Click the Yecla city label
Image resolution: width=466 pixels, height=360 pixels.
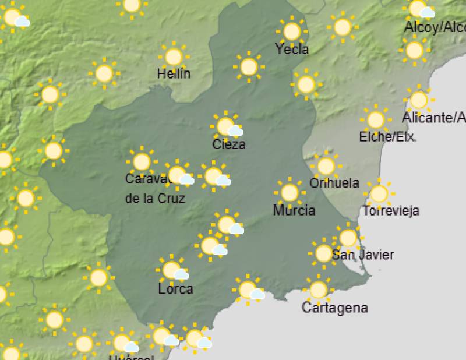[292, 50]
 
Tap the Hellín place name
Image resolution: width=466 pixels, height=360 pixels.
[174, 74]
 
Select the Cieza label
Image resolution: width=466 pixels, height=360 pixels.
[229, 144]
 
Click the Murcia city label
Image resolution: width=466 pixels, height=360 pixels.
[294, 210]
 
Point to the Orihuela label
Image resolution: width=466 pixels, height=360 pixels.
[334, 183]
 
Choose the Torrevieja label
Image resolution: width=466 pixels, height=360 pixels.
[391, 211]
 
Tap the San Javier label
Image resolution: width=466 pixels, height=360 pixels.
[363, 255]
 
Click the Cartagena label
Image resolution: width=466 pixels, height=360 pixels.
[335, 308]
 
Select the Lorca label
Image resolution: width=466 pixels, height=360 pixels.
[176, 288]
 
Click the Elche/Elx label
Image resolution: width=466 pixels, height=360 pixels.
[387, 137]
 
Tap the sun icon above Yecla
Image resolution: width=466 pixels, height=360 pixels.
[291, 31]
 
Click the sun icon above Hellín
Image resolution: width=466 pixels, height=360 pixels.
[173, 57]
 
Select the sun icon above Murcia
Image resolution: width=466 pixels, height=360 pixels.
[290, 192]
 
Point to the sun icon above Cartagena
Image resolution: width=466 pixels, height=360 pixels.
[318, 289]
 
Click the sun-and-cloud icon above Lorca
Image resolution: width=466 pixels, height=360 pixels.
[172, 270]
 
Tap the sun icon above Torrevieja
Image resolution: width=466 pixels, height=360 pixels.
[379, 193]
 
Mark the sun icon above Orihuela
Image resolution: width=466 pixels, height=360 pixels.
[326, 165]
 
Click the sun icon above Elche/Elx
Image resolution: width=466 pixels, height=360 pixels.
[376, 119]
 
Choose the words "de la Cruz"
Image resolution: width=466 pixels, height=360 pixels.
[155, 198]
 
